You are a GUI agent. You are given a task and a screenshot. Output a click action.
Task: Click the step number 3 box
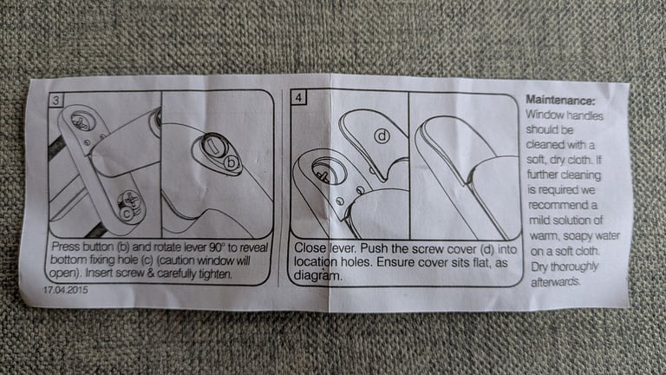56,101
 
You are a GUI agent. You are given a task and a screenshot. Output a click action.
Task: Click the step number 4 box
298,97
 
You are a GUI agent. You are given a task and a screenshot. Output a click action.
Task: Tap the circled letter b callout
231,163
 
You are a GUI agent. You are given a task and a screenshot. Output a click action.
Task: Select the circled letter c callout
126,212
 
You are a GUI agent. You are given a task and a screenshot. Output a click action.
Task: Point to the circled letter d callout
382,135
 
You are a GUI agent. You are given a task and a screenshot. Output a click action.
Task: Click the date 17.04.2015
65,290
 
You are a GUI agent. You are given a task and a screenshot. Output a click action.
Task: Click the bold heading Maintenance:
560,101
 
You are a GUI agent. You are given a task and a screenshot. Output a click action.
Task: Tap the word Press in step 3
66,247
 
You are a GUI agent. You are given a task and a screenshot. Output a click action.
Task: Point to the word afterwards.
556,281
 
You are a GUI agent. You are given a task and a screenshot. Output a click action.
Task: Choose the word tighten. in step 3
216,273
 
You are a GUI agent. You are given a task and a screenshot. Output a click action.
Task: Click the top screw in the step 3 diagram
81,122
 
